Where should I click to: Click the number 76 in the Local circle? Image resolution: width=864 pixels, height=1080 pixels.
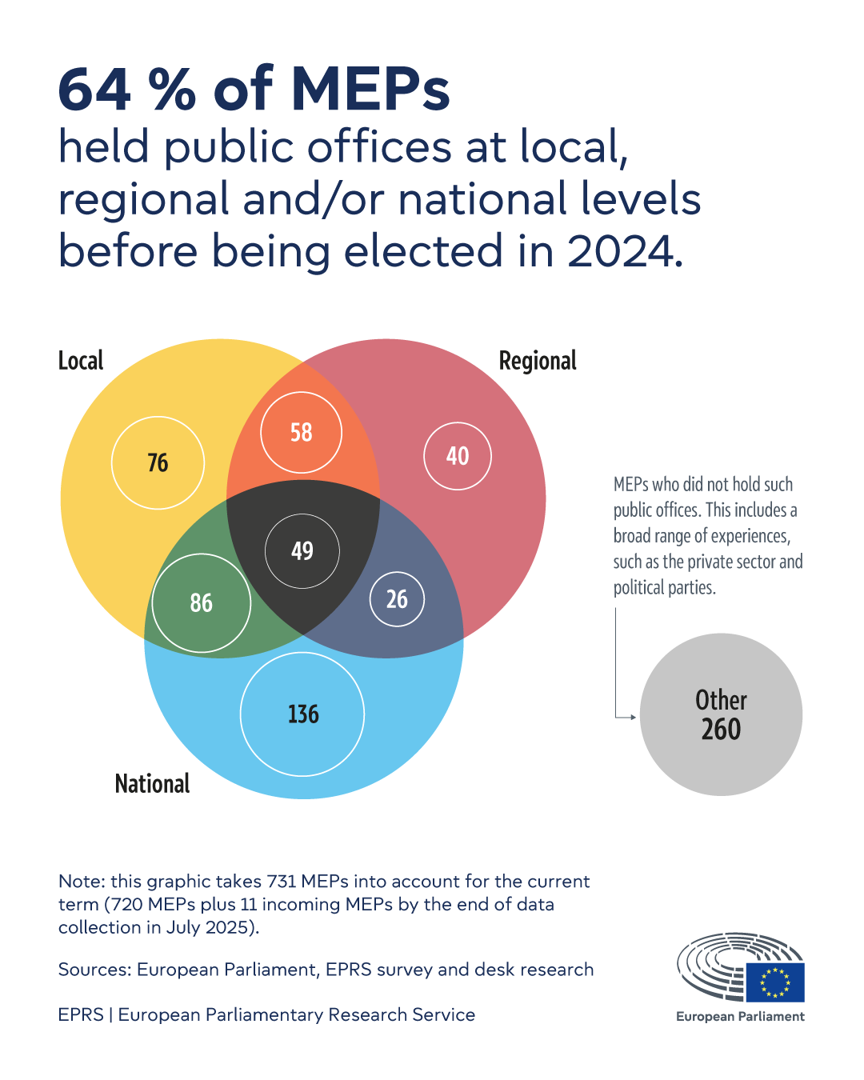(x=158, y=462)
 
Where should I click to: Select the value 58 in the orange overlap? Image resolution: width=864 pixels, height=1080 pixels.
(x=301, y=432)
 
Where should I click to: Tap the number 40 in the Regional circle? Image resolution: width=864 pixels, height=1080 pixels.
(x=457, y=456)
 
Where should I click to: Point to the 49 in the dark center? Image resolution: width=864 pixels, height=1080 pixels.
(x=302, y=550)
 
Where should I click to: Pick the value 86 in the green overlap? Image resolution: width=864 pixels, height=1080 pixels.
(x=201, y=602)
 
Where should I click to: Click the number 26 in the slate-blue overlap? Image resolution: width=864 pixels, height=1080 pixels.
(x=397, y=598)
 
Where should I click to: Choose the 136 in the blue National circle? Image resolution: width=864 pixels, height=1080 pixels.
(x=302, y=714)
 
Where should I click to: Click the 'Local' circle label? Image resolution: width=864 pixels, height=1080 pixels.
(x=81, y=361)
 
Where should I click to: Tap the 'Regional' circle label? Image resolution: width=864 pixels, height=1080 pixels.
(x=537, y=361)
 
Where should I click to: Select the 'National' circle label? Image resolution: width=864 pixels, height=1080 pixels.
(x=152, y=783)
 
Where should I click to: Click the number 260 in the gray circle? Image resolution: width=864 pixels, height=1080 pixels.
(x=721, y=730)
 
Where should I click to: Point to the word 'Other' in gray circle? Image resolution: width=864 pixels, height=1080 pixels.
(x=721, y=700)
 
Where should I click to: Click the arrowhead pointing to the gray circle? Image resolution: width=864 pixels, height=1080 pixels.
(x=633, y=717)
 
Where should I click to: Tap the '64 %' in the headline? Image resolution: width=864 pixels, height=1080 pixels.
(x=126, y=89)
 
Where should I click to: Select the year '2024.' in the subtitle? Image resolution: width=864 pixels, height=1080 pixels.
(x=625, y=251)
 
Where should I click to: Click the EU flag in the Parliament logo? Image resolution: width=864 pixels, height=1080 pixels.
(x=774, y=982)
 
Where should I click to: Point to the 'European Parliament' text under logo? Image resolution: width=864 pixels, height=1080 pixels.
(x=740, y=1016)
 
